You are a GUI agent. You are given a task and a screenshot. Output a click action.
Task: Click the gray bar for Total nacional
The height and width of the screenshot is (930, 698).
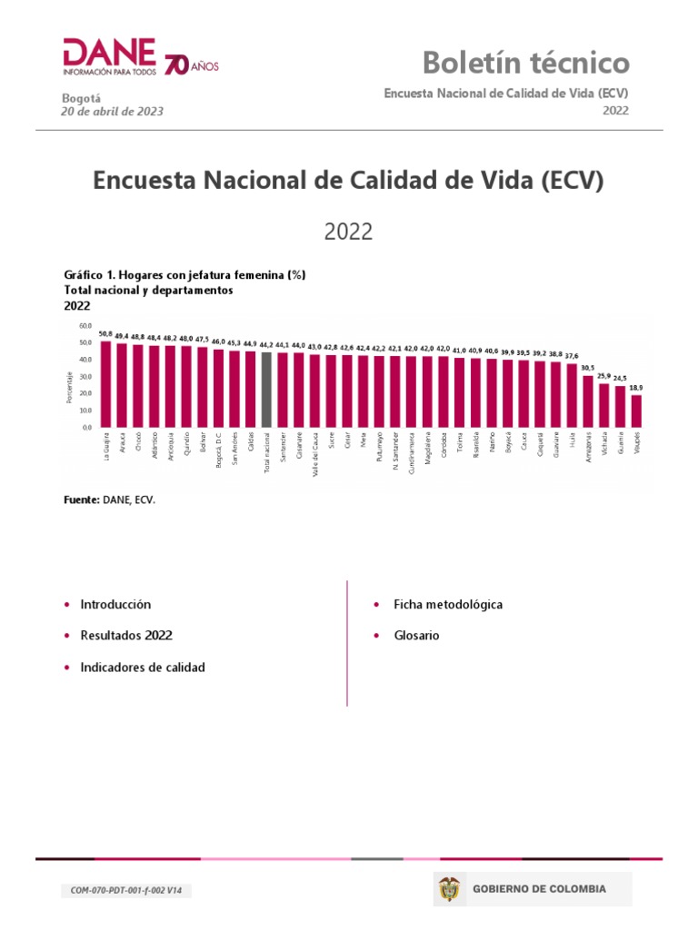point(266,390)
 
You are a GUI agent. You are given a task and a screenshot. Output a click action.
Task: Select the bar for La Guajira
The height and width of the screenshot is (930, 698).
point(105,383)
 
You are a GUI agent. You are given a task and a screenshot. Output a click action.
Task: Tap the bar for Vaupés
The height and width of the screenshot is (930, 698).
point(636,411)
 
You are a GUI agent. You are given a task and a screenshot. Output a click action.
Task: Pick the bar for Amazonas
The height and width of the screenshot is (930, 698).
point(588,401)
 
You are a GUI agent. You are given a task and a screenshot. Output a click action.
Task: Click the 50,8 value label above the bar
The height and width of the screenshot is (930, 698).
point(105,334)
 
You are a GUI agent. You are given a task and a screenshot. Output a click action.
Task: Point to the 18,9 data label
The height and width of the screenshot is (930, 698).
point(636,388)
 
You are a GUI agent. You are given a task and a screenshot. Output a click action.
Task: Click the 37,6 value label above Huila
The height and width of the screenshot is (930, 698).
point(572,357)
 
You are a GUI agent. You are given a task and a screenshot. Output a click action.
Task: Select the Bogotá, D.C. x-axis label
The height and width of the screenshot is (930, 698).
point(219,450)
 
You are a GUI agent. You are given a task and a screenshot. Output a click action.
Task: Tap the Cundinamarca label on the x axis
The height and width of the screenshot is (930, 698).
point(412,451)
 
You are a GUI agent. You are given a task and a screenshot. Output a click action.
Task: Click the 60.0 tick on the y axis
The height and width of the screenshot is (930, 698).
point(85,325)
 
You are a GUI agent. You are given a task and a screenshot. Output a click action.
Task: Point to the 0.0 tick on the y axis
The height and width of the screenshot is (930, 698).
point(87,427)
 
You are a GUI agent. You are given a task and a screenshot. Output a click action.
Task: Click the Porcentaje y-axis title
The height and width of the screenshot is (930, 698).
point(69,388)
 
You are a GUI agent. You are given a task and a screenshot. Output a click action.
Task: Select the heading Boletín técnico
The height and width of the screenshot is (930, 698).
point(525,63)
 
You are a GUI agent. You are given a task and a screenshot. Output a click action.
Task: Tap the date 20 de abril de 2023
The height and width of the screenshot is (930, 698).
point(112,112)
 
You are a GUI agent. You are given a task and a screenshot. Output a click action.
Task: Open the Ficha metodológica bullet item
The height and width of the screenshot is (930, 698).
point(447,604)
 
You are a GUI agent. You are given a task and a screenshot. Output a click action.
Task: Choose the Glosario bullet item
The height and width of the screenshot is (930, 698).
point(416,636)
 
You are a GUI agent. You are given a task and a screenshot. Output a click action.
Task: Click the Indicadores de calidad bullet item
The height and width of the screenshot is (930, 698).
point(142,668)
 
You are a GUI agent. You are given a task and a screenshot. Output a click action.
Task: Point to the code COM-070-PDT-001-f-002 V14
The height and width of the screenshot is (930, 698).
point(126,891)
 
